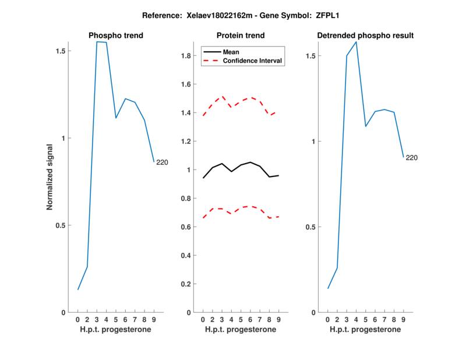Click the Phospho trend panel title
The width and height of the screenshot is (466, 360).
116,36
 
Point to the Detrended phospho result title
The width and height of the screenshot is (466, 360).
365,36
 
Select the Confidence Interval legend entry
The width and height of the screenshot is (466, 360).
253,61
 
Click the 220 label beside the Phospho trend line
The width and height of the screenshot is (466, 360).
162,163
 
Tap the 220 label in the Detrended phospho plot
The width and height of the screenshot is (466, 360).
411,158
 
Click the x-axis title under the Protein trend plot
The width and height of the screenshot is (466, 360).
241,330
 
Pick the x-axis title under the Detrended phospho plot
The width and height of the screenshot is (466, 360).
365,330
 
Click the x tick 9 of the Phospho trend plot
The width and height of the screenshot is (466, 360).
154,319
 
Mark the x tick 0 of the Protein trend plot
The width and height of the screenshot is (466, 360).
203,319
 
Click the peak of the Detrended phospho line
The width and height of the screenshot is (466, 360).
356,42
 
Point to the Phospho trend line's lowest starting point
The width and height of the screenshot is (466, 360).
78,290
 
